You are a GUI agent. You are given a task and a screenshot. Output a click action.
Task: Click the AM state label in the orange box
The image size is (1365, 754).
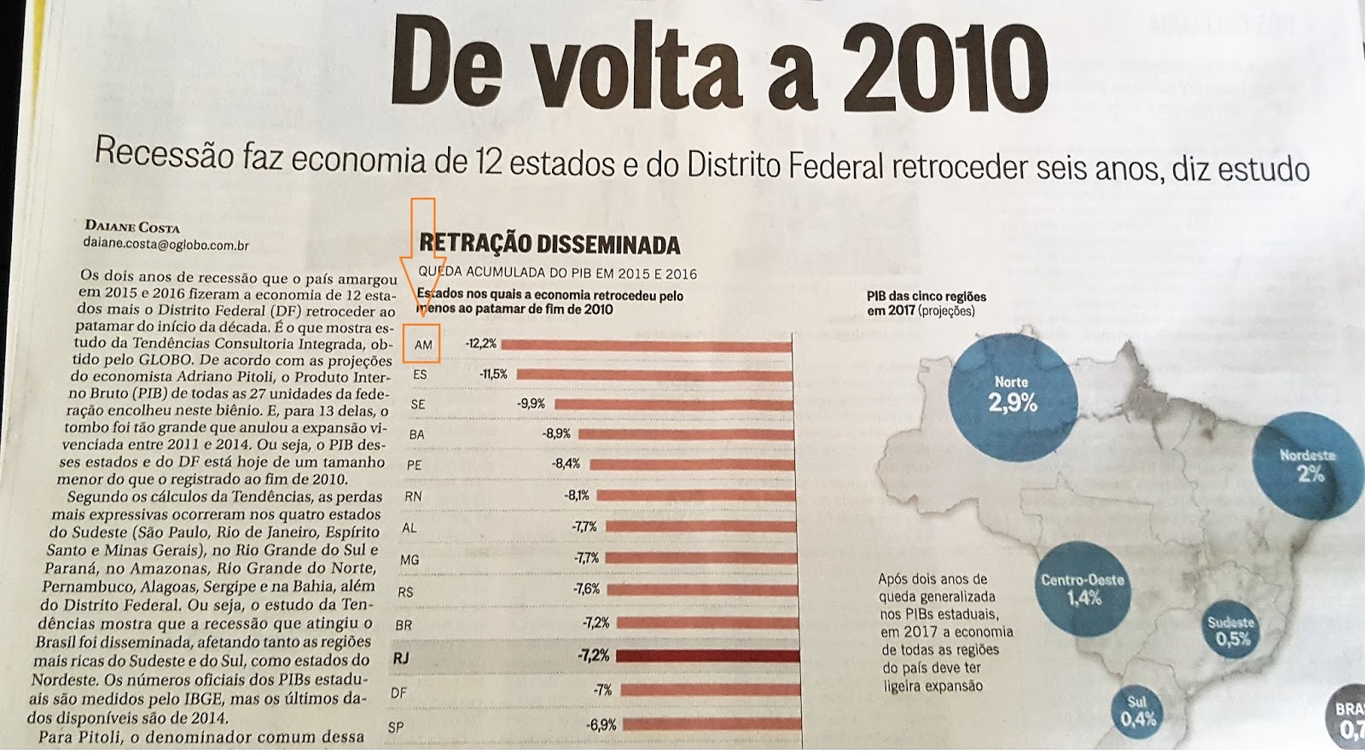pos(423,345)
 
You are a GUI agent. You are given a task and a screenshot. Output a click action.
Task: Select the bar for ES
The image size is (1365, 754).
pos(653,374)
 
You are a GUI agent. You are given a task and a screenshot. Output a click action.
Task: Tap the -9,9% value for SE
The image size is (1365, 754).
pos(531,403)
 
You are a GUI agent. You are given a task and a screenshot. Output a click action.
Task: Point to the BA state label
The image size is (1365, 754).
pos(416,434)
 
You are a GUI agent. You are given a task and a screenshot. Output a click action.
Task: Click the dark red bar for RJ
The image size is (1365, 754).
pos(707,656)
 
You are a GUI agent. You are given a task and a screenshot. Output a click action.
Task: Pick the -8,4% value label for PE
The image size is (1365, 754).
pos(566,464)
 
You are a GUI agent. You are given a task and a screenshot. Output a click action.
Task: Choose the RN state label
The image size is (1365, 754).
pos(413,496)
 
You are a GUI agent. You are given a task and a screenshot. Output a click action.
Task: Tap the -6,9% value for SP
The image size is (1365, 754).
pos(601,725)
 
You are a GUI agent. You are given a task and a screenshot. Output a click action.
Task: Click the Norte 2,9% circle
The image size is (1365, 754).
pos(1012,396)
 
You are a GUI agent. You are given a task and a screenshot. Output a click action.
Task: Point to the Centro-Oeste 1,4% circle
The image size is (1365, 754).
pos(1082,589)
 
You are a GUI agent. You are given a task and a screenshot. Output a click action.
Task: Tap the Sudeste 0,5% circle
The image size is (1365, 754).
pos(1231,630)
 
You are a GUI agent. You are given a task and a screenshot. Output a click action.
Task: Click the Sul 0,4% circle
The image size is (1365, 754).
pos(1138,712)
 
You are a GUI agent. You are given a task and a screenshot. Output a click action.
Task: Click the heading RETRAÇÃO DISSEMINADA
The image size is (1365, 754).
pos(549,245)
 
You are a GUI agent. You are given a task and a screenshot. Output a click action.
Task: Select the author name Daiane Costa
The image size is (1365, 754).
pos(132,227)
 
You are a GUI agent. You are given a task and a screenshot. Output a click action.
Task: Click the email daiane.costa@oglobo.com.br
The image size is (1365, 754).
pos(166,245)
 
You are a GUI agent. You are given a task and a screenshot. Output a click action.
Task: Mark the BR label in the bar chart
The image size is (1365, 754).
pos(404,625)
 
